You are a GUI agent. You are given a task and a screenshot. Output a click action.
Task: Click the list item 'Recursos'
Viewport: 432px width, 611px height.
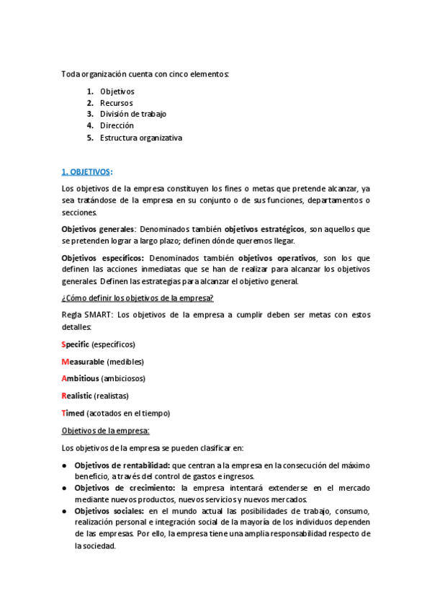tap(116, 103)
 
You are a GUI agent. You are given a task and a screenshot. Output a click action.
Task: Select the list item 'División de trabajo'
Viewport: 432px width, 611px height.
tap(133, 115)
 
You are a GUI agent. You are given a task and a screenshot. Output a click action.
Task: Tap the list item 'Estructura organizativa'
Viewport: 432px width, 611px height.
tap(141, 138)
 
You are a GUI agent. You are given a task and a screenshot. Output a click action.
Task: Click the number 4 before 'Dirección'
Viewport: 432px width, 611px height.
tap(90, 126)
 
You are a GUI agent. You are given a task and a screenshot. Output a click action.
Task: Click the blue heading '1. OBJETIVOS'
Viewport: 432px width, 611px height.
tap(86, 171)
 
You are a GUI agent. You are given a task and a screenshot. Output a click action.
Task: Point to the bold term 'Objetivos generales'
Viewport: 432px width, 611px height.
tap(98, 229)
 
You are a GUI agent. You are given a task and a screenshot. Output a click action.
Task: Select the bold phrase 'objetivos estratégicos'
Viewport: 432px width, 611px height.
tap(264, 229)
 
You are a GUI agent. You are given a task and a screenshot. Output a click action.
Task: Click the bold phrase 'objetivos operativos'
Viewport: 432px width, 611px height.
tap(277, 258)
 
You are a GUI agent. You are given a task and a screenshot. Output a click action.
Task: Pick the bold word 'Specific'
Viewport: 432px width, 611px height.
tap(76, 344)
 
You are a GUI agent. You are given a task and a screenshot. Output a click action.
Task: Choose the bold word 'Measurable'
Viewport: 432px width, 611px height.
tap(83, 362)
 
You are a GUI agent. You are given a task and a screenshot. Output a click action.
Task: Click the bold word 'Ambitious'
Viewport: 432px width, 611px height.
tap(80, 379)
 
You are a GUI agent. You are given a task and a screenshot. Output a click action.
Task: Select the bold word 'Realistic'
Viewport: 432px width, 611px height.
tap(78, 396)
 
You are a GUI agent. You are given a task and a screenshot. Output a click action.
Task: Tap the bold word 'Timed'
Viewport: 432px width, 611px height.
tap(73, 414)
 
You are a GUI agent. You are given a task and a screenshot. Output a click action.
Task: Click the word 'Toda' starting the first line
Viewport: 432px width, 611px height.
tap(71, 74)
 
